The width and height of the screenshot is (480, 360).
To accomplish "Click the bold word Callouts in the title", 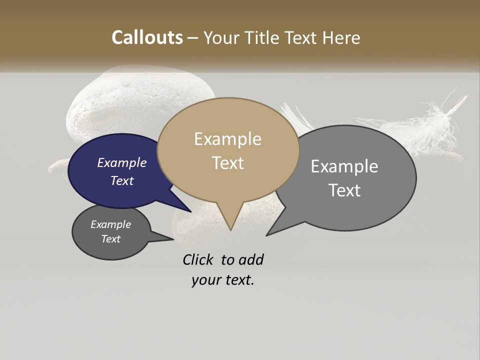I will [147, 37].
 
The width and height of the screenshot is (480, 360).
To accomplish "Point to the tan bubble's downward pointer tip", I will [230, 229].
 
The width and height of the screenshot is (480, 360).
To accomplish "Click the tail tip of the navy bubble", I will [190, 211].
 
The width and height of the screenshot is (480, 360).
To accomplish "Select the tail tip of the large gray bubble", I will [267, 234].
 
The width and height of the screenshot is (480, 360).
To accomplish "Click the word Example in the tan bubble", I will [227, 139].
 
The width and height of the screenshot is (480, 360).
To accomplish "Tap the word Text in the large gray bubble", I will [344, 190].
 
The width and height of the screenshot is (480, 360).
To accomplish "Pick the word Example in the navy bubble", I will [122, 162].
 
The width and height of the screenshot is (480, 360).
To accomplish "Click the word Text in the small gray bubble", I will [111, 239].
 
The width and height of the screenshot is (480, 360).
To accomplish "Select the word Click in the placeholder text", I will [199, 259].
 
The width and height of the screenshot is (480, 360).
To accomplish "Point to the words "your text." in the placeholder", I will [223, 280].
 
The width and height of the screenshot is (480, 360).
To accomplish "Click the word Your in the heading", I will [222, 37].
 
